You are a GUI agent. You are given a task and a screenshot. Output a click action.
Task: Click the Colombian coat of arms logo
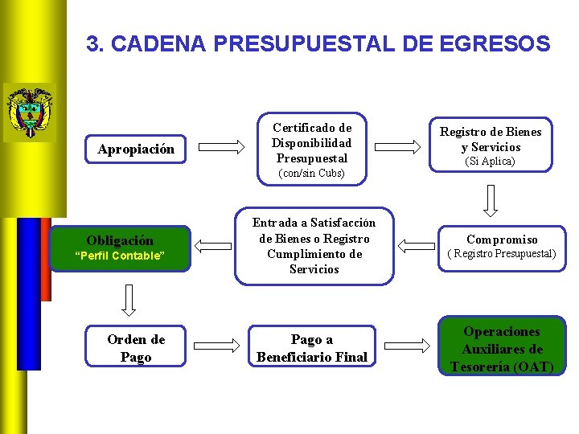point(29,112)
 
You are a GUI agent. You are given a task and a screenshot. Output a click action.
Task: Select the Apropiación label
point(135,149)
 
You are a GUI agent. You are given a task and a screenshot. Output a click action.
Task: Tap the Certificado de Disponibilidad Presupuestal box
point(311,142)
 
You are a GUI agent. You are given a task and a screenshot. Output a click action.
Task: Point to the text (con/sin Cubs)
point(311,174)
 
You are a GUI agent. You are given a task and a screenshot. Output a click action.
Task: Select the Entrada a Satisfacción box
point(314,246)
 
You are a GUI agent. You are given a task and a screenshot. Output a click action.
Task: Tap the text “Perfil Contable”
point(120,256)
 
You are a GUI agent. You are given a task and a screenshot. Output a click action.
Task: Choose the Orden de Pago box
point(135,348)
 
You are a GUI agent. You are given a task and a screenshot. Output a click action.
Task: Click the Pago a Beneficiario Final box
point(312,349)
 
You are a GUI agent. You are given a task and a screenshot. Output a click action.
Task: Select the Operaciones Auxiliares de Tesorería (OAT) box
point(502,349)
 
